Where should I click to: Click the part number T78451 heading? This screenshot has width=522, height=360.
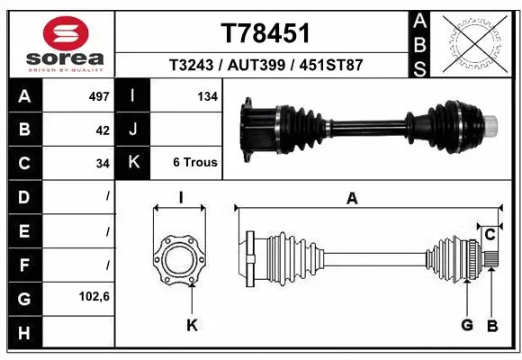265,33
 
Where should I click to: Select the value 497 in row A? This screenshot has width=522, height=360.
98,95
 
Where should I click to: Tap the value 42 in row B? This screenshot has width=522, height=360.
102,130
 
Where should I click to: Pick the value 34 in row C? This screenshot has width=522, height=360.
102,164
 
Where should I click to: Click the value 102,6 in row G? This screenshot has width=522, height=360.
94,297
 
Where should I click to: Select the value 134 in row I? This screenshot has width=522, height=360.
207,95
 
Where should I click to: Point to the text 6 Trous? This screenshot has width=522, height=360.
194,163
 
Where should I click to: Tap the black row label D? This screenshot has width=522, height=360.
23,196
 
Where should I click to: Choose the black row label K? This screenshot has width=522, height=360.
133,163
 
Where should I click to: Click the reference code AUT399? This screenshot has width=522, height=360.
266,66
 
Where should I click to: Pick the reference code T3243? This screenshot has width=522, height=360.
193,66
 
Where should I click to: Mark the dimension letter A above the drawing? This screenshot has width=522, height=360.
352,199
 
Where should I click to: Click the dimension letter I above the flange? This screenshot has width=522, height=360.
180,198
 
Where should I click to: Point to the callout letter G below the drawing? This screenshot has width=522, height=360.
466,325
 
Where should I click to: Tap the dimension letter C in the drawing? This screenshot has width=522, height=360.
490,236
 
